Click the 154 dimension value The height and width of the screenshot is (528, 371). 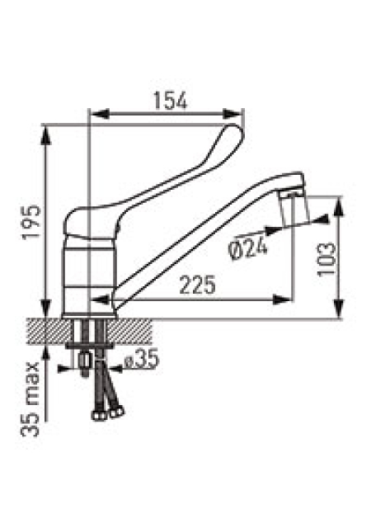pyautogui.click(x=170, y=101)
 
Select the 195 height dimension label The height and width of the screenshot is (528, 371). pyautogui.click(x=31, y=221)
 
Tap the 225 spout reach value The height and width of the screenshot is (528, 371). pyautogui.click(x=197, y=285)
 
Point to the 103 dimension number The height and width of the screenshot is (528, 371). pyautogui.click(x=326, y=258)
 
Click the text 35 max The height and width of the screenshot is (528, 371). pyautogui.click(x=31, y=399)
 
